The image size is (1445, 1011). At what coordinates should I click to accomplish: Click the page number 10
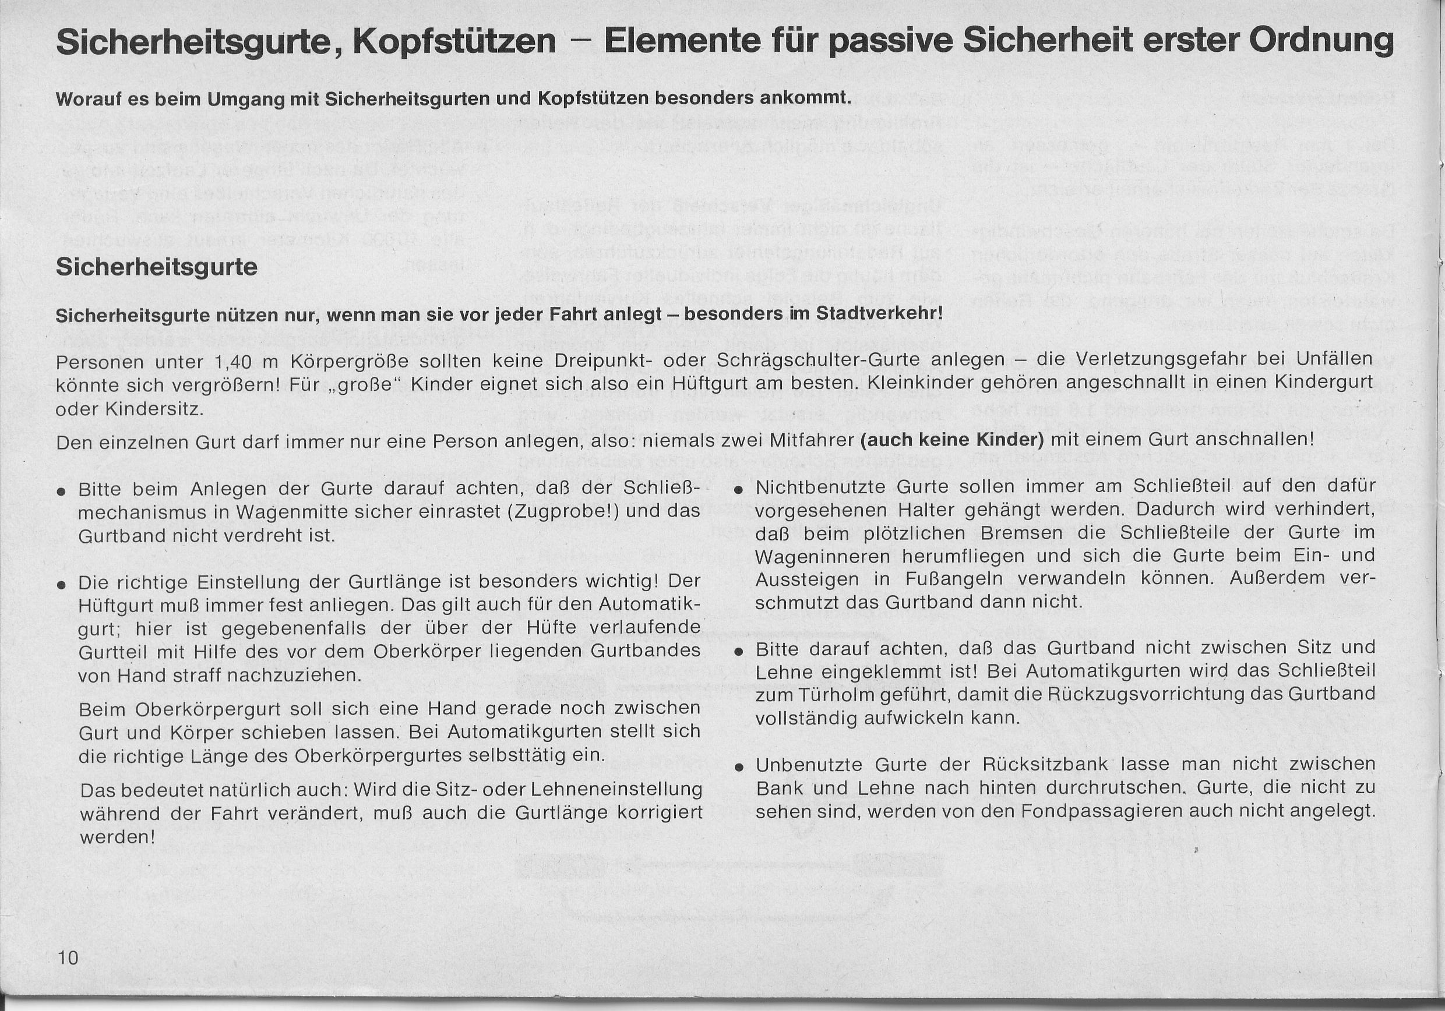68,958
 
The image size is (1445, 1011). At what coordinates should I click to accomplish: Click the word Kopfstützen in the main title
454,42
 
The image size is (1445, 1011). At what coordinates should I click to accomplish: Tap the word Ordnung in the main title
1321,41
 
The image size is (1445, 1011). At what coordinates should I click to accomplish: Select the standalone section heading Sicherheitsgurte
157,267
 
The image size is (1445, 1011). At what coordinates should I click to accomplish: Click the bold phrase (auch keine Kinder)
952,439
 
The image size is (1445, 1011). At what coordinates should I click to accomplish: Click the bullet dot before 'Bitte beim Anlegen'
61,492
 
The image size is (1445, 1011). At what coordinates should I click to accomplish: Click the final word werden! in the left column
117,837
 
